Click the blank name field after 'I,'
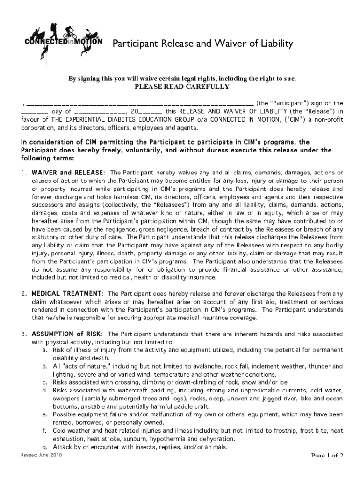click(x=140, y=103)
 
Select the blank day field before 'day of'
click(x=35, y=112)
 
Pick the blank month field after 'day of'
click(x=99, y=112)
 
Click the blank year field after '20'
click(x=150, y=112)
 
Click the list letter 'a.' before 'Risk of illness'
click(x=44, y=350)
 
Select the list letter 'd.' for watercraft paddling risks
click(x=44, y=390)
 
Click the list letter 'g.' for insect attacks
click(x=44, y=447)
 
